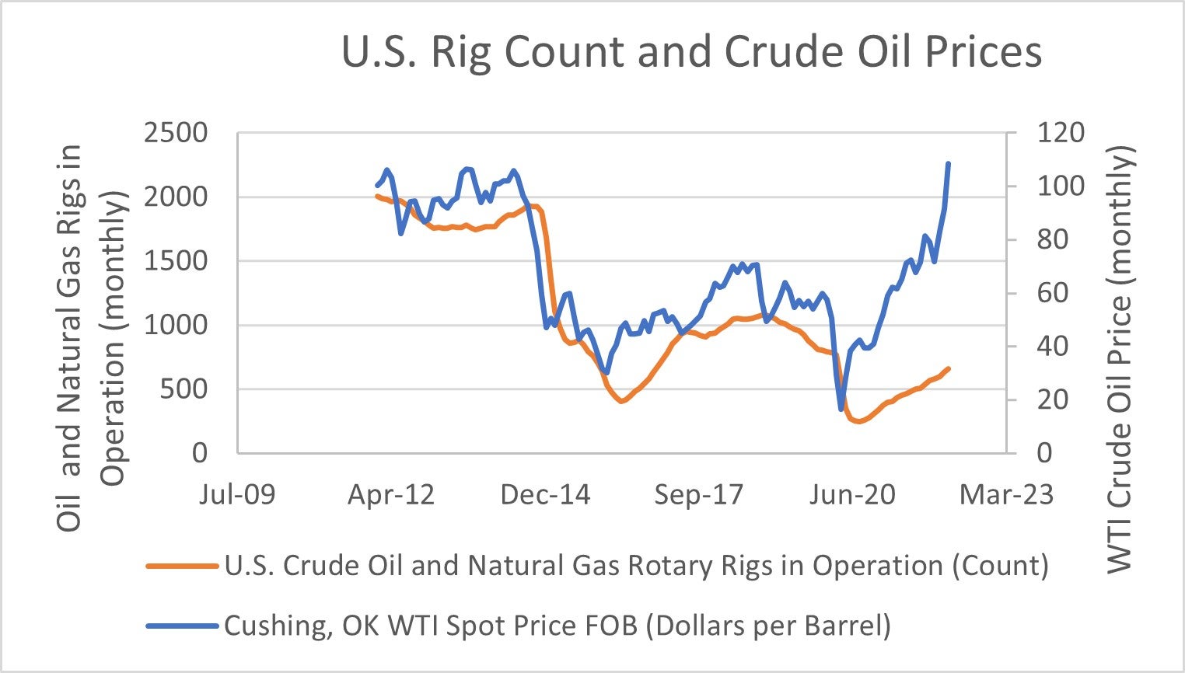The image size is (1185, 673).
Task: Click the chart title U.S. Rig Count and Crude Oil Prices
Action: (691, 52)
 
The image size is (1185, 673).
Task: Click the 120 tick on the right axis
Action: (1061, 133)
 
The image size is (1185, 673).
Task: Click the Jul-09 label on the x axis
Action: (237, 494)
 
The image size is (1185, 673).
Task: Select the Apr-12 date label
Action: (391, 494)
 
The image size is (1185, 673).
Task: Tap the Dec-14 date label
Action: (545, 494)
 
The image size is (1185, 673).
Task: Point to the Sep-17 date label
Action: (698, 494)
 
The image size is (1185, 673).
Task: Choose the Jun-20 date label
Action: (852, 494)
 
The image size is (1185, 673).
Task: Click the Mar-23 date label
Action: (1006, 494)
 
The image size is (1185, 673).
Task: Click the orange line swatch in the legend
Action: (181, 567)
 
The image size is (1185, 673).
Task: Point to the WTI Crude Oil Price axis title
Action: (1120, 359)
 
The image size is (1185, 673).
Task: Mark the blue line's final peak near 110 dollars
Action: (949, 163)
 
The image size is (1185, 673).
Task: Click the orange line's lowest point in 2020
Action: (858, 422)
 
